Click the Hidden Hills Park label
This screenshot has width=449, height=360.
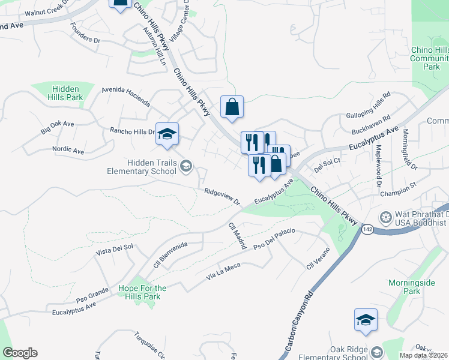[x=66, y=92]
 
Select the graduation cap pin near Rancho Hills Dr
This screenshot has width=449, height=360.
[x=167, y=134]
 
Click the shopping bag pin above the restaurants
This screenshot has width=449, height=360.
[x=232, y=108]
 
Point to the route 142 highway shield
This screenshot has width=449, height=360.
[x=369, y=230]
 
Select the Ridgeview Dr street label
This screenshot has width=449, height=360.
[x=221, y=197]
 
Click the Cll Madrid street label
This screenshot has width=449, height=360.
[x=237, y=235]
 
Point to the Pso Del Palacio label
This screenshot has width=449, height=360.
[x=275, y=238]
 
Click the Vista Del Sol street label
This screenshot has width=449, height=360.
[x=114, y=251]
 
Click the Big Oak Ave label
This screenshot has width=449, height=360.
[x=57, y=127]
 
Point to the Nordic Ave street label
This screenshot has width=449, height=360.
[x=68, y=151]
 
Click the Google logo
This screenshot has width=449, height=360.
[x=20, y=353]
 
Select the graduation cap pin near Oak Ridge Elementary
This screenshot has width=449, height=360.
[x=365, y=321]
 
